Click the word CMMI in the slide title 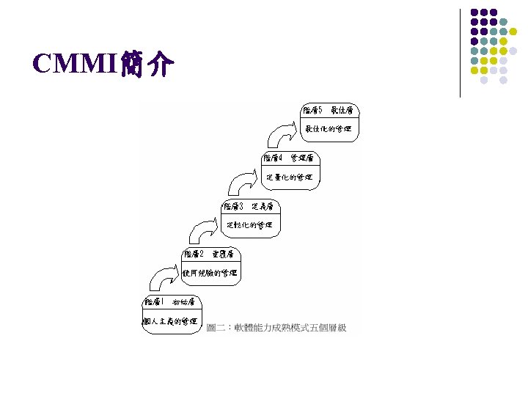(x=69, y=65)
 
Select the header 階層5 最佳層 (x=328, y=110)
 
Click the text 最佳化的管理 (x=328, y=129)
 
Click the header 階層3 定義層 (x=249, y=206)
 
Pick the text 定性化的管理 (x=249, y=225)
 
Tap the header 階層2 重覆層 (x=209, y=254)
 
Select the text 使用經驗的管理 (x=209, y=273)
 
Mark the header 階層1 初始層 (x=169, y=301)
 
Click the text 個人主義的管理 (x=169, y=320)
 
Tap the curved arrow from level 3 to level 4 (x=245, y=183)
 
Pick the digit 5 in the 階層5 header (x=320, y=110)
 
